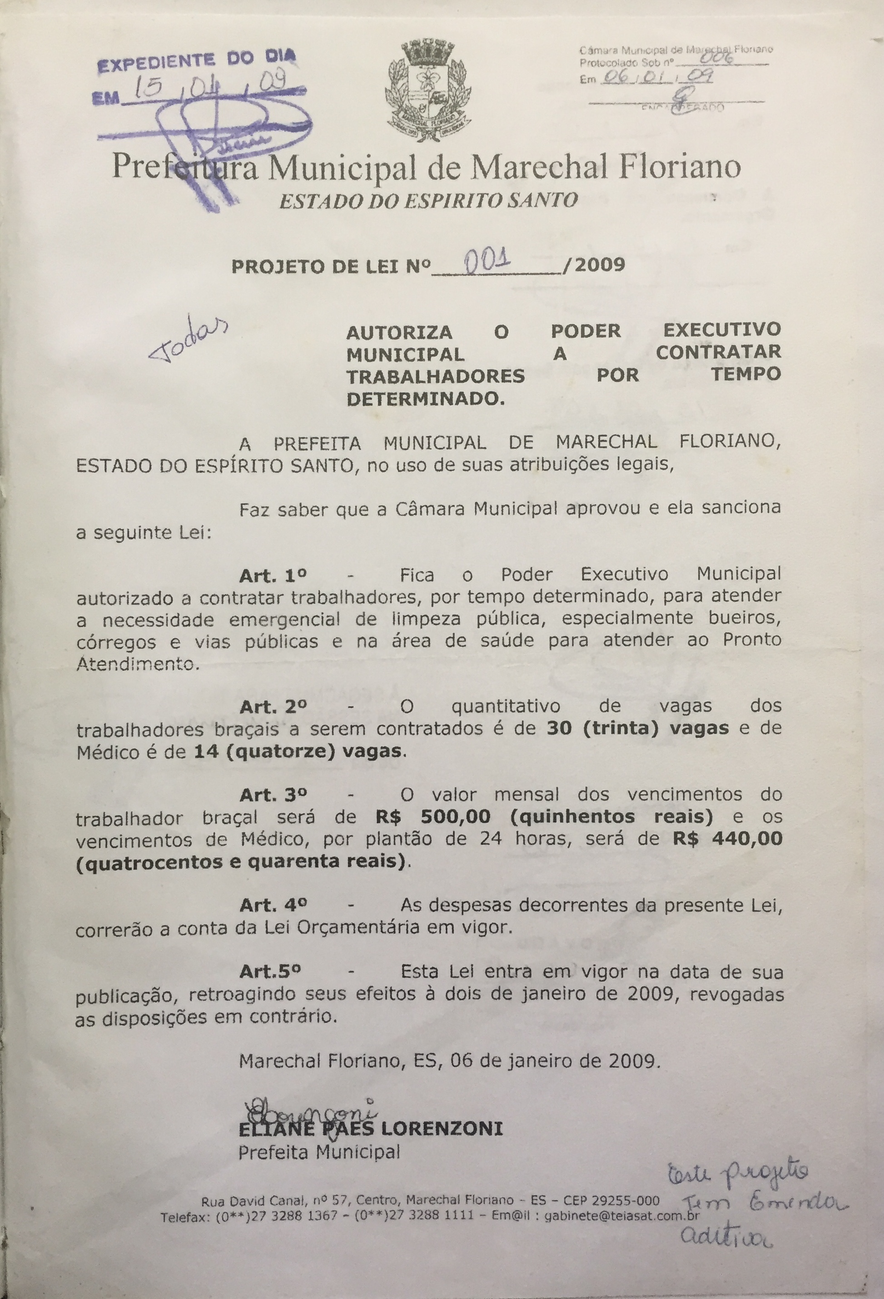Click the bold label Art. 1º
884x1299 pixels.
tap(274, 576)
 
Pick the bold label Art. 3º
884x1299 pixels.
tap(274, 795)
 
